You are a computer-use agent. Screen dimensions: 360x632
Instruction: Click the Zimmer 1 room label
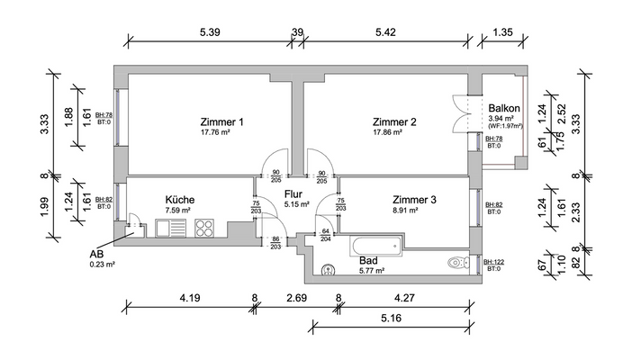(x=198, y=121)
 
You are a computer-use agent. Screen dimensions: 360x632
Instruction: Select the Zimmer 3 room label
(x=414, y=200)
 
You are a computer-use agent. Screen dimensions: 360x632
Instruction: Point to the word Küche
(x=180, y=200)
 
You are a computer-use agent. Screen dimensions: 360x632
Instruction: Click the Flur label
(x=293, y=193)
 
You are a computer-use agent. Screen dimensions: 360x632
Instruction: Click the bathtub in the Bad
(x=375, y=246)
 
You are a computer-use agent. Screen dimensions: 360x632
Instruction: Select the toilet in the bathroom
(x=456, y=263)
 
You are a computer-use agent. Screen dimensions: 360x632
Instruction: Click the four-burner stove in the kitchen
(x=203, y=228)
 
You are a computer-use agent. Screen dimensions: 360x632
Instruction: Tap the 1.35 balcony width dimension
(x=503, y=32)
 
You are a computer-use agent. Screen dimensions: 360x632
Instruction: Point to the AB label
(x=97, y=254)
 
